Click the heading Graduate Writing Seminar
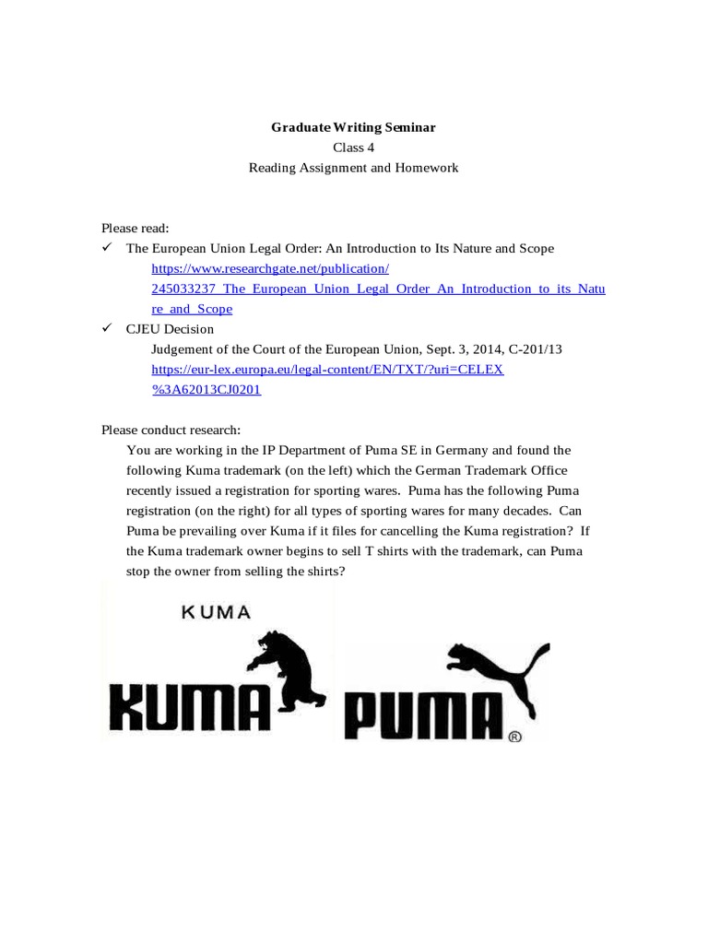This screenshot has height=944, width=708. tap(353, 128)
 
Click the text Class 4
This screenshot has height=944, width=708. tap(353, 147)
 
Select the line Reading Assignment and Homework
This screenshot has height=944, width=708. tap(353, 168)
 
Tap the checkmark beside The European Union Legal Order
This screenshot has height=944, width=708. tap(107, 248)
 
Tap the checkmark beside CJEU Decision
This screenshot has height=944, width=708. tap(107, 328)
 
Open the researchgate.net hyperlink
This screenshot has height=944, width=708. tap(271, 268)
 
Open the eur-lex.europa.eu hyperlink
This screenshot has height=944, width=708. tap(328, 369)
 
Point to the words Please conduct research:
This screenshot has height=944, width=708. tap(171, 430)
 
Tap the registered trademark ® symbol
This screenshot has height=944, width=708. tap(514, 737)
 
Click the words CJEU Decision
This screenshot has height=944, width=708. tap(170, 329)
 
